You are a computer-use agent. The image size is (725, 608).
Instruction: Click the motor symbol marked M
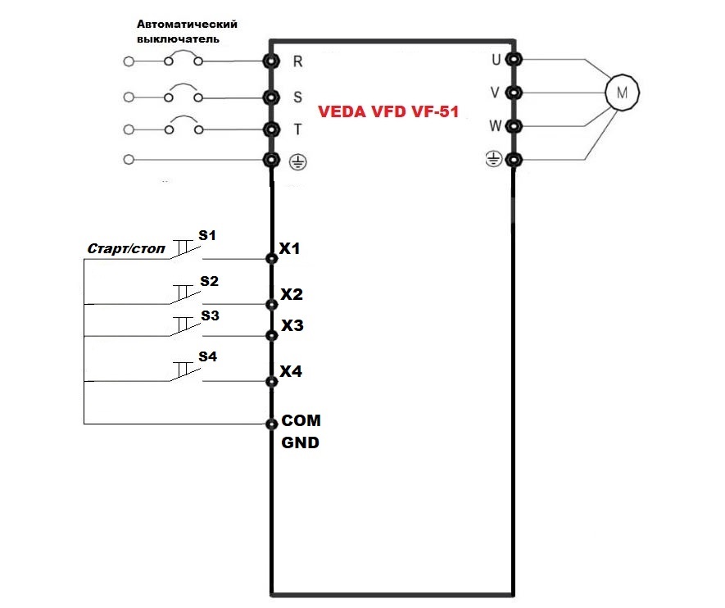622,93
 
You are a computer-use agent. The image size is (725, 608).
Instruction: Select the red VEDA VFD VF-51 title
388,114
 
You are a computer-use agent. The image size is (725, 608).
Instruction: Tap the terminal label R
298,61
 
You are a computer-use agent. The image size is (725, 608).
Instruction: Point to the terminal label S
298,97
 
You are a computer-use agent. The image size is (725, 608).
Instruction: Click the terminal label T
298,129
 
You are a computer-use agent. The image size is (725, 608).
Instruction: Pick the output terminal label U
495,59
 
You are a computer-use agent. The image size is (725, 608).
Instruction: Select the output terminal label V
495,93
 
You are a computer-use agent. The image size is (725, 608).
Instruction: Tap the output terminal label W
494,126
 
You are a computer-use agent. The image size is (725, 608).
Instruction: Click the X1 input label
291,247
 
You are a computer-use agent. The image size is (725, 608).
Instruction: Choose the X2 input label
292,294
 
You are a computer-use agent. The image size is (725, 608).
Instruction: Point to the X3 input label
292,325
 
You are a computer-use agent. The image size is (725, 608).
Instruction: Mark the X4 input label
291,371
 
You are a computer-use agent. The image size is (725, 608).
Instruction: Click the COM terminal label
301,420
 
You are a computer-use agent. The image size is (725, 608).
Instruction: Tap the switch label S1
207,236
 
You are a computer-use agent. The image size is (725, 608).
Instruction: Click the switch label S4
207,357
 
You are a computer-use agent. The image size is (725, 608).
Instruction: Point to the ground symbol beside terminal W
493,160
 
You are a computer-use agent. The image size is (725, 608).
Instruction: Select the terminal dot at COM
271,424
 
